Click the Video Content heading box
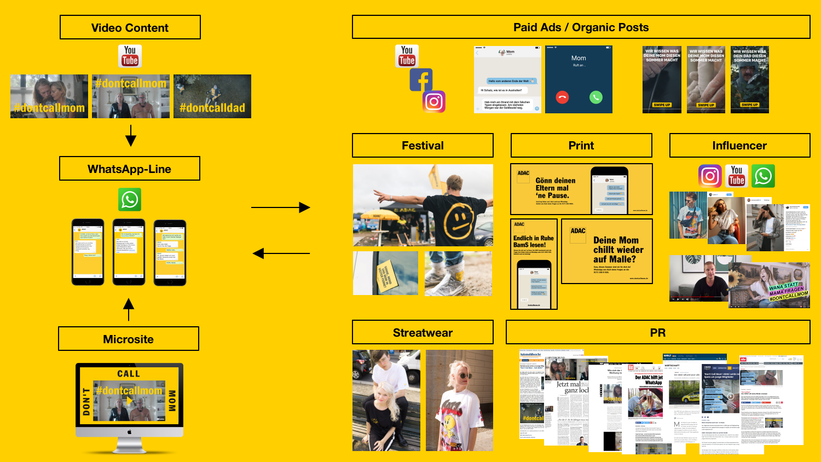click(x=130, y=27)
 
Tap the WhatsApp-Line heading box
click(x=130, y=169)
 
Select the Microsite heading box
click(x=129, y=339)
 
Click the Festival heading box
click(x=423, y=146)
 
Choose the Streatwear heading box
click(x=423, y=332)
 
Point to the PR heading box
click(x=658, y=332)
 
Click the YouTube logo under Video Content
click(x=130, y=56)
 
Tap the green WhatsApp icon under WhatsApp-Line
click(x=130, y=200)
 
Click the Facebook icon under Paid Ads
click(x=421, y=80)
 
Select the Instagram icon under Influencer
click(x=710, y=176)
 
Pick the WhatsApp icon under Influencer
click(x=763, y=176)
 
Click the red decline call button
click(x=562, y=97)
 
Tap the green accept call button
click(x=595, y=97)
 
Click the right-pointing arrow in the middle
click(x=280, y=207)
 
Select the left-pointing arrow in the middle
click(x=280, y=253)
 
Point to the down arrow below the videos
click(x=131, y=135)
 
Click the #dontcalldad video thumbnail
click(x=212, y=96)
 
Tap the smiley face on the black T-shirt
click(x=459, y=219)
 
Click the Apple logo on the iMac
click(x=130, y=432)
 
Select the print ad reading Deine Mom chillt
click(x=607, y=251)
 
